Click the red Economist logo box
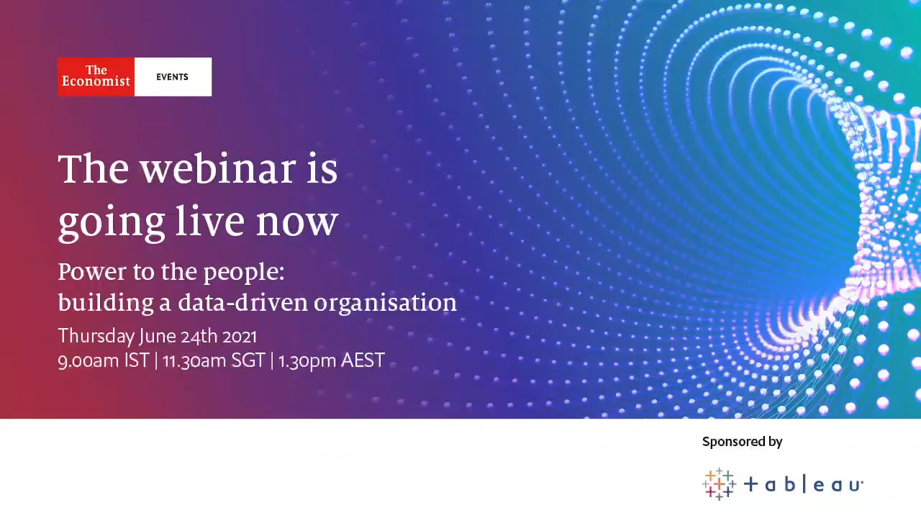[x=96, y=77]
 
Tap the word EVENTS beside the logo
[x=172, y=77]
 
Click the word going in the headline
[x=112, y=223]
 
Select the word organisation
[x=385, y=303]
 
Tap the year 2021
[x=240, y=337]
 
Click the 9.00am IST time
[x=103, y=360]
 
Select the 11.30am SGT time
[x=214, y=360]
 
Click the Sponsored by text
[x=742, y=442]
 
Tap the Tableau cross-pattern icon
[x=719, y=484]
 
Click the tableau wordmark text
[x=803, y=485]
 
